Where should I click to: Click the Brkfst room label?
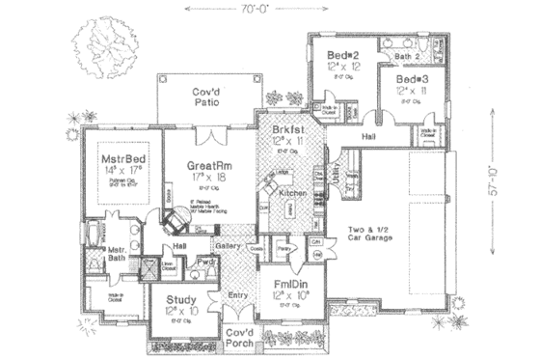coord(289,128)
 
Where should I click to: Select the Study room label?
coord(181,300)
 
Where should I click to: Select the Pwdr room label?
coord(205,262)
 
